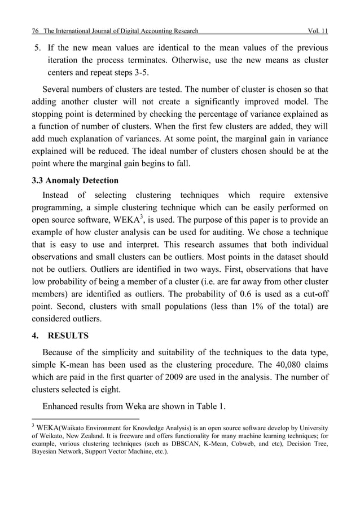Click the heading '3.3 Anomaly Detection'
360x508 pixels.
(74, 180)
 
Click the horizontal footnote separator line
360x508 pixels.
(85, 419)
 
